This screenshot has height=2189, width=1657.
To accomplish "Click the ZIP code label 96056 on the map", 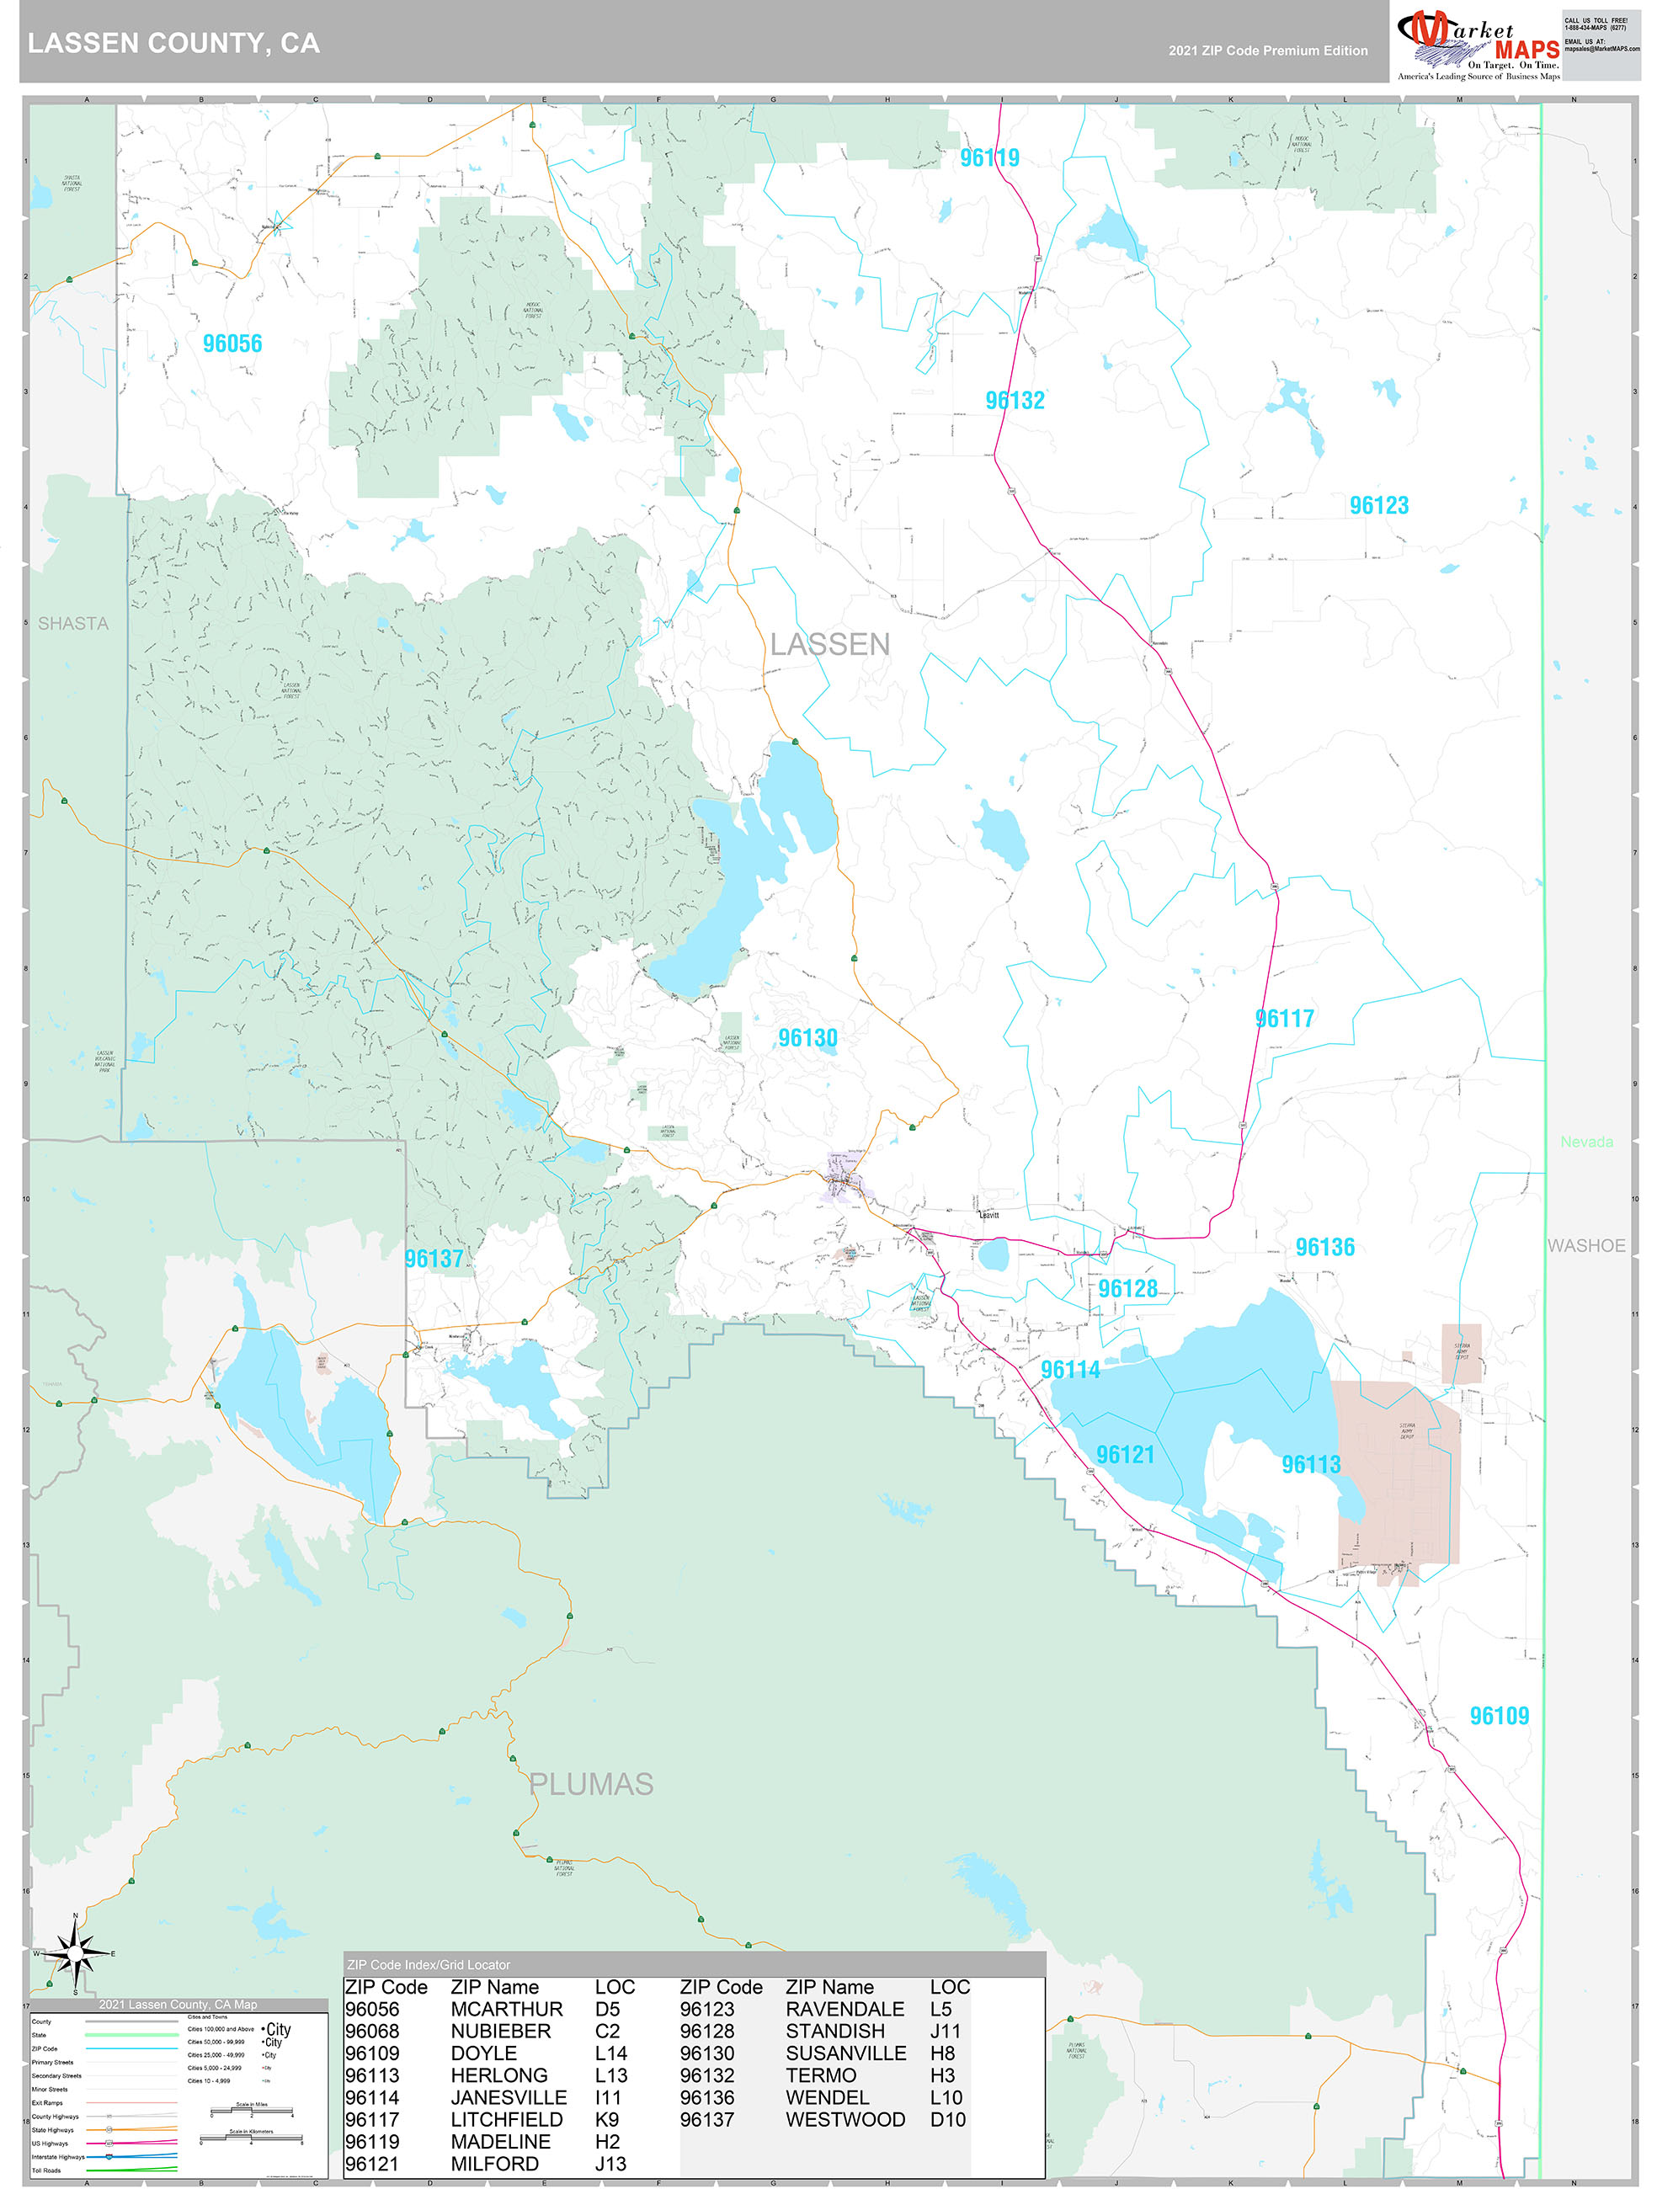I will (x=232, y=344).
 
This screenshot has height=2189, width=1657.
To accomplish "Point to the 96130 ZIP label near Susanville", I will (x=807, y=1038).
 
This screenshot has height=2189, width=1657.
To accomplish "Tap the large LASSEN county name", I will (x=829, y=644).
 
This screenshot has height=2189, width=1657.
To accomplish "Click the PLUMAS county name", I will (x=591, y=1784).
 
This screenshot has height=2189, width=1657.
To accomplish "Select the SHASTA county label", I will (x=73, y=624).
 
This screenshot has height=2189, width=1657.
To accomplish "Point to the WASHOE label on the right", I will (x=1585, y=1246).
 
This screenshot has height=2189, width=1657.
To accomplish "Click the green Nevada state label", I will (x=1585, y=1142).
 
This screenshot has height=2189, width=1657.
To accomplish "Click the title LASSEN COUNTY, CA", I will (x=174, y=44).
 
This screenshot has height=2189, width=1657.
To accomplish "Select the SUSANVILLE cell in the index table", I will (x=845, y=2053).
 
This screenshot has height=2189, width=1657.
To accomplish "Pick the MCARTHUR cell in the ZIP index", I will (x=506, y=2009).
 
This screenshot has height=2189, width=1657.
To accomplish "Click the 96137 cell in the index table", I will (x=706, y=2120).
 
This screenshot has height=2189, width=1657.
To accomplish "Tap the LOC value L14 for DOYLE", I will (x=610, y=2053).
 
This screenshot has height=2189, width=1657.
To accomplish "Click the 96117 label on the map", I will (x=1284, y=1018).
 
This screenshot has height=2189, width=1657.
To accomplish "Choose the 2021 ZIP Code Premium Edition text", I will (x=1267, y=51).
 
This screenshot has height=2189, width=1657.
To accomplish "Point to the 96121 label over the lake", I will (x=1125, y=1455).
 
